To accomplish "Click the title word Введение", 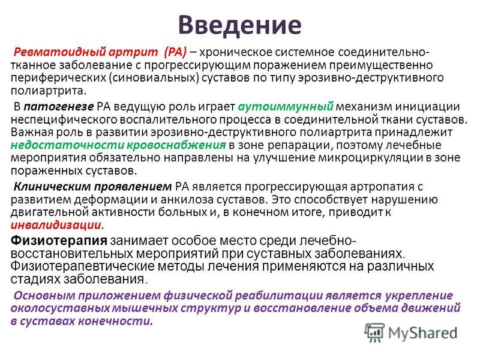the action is click(239, 25).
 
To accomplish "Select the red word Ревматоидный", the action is click(55, 53).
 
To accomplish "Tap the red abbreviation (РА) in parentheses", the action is click(175, 53).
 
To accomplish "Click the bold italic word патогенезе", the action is click(58, 107).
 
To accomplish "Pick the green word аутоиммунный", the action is click(286, 107).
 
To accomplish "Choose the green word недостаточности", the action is click(67, 145).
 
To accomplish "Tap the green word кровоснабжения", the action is click(176, 145).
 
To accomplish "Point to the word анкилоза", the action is click(187, 200).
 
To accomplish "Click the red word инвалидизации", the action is click(56, 225).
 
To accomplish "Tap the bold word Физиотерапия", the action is click(59, 241).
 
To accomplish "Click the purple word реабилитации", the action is click(278, 296).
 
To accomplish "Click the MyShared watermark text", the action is click(422, 333).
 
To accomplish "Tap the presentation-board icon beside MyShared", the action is click(374, 333).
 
